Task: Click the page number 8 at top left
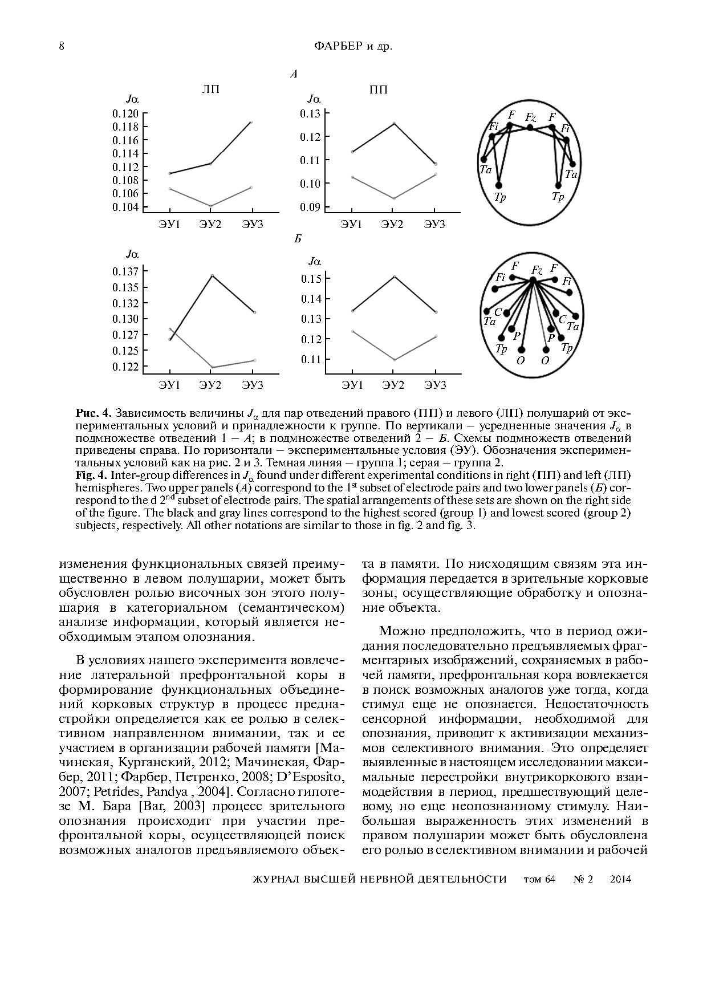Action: pyautogui.click(x=62, y=46)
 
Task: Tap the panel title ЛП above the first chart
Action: pyautogui.click(x=210, y=90)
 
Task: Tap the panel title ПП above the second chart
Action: pyautogui.click(x=378, y=90)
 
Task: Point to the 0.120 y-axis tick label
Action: pyautogui.click(x=125, y=113)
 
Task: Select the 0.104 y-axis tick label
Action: pyautogui.click(x=125, y=207)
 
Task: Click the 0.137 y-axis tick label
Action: pyautogui.click(x=125, y=271)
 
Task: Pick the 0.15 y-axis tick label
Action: pyautogui.click(x=311, y=279)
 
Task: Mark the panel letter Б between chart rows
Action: pyautogui.click(x=298, y=239)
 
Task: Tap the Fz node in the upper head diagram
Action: pyautogui.click(x=530, y=127)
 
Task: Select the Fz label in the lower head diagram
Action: pyautogui.click(x=537, y=270)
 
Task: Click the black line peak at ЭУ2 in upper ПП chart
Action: pyautogui.click(x=393, y=123)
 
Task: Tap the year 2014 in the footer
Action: pyautogui.click(x=620, y=879)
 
